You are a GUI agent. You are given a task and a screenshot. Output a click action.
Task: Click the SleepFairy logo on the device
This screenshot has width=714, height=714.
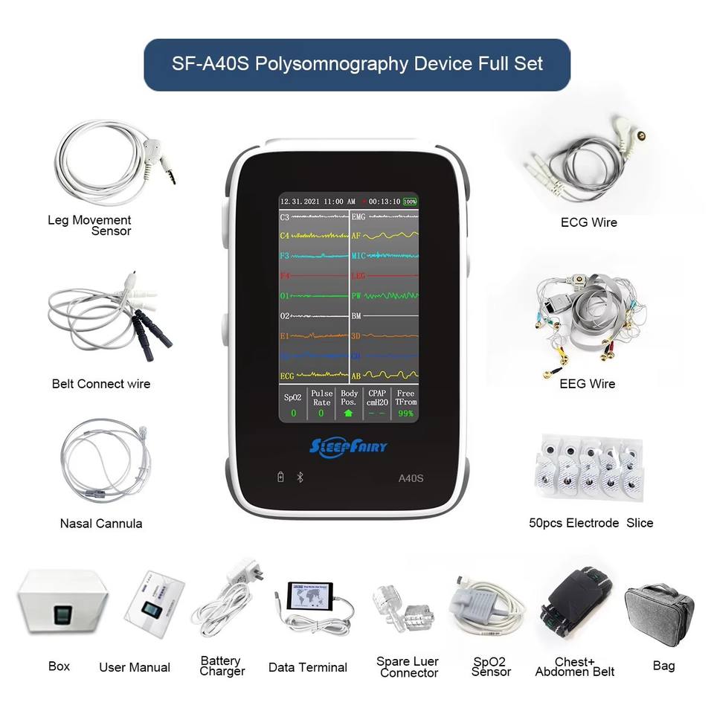[348, 446]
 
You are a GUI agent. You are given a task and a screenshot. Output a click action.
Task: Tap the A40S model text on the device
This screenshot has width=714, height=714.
[411, 478]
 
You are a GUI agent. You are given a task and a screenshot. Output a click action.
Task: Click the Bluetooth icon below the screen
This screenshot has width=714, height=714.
[300, 477]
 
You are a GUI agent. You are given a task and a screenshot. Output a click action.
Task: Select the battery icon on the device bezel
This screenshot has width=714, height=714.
[280, 477]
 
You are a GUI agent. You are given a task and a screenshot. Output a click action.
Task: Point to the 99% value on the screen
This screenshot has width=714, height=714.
[405, 413]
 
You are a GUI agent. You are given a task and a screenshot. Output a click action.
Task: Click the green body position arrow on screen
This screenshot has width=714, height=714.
[348, 413]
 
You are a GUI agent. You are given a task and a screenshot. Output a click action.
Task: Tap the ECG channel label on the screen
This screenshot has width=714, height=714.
[288, 376]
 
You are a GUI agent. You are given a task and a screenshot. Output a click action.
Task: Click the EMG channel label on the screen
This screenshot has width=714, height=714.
[359, 217]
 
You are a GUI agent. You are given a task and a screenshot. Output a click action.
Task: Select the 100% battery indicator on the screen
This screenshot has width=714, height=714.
[410, 202]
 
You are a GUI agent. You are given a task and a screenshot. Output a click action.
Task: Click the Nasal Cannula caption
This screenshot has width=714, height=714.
[101, 524]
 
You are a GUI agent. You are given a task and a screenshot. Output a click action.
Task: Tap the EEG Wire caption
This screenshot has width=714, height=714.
[588, 384]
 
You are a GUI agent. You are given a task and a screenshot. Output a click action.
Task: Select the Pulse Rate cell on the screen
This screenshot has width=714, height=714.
[321, 402]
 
